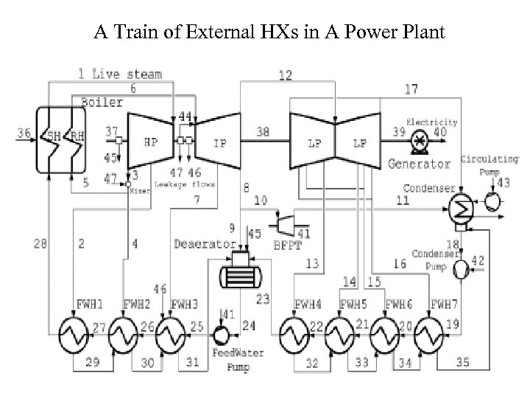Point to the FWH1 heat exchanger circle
(x=74, y=338)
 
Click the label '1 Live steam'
(x=121, y=74)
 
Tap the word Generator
(x=419, y=164)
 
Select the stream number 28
(x=41, y=242)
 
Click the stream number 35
(x=462, y=361)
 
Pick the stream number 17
(x=411, y=89)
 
